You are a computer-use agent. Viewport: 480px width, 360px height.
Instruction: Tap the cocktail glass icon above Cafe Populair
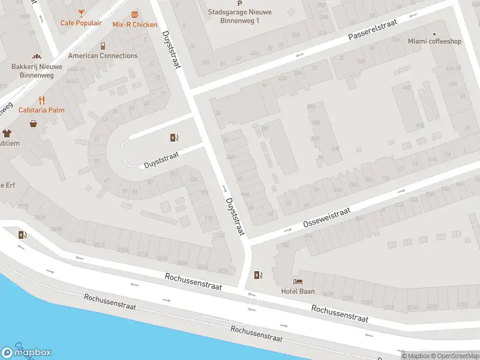80,13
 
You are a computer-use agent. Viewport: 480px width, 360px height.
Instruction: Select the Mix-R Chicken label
134,25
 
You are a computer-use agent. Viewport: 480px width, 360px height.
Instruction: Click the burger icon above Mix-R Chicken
134,14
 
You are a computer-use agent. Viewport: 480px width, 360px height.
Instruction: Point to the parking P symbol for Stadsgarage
240,4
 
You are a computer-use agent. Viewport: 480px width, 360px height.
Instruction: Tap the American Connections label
103,56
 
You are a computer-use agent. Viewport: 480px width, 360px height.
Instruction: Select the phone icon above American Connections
103,46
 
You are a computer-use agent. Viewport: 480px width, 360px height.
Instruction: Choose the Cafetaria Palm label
41,110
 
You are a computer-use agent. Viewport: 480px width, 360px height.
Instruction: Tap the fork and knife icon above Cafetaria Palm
41,100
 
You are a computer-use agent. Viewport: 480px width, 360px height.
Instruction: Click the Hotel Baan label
298,292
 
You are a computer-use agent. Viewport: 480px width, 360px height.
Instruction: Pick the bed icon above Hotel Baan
298,281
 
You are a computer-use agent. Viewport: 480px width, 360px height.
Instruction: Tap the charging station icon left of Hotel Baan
258,275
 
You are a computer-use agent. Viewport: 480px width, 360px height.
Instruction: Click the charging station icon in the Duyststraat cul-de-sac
174,137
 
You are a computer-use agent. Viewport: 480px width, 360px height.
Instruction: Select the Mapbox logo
26,353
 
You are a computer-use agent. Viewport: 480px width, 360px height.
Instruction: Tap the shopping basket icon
33,124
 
